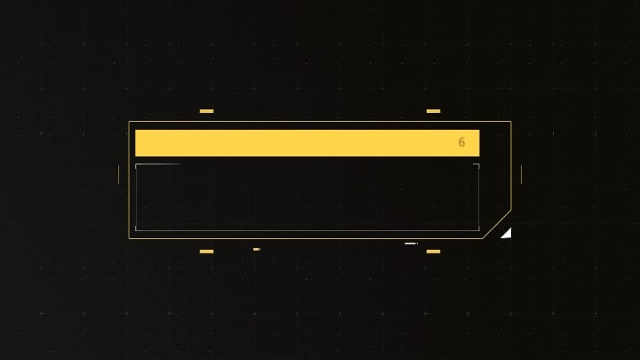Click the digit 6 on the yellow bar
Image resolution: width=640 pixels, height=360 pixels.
(461, 142)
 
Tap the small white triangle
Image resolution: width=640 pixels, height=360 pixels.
(508, 234)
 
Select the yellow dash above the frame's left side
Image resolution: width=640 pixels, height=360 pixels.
(206, 111)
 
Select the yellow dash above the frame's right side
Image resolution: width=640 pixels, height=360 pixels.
(434, 111)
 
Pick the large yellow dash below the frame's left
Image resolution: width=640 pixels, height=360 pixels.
(206, 252)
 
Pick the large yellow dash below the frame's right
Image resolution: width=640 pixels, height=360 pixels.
(434, 252)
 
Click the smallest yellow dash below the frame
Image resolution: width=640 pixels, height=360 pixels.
(256, 249)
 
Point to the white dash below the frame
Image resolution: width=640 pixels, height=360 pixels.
(411, 244)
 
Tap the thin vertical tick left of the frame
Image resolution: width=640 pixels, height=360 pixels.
(119, 175)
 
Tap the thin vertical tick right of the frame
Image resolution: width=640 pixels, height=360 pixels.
(521, 175)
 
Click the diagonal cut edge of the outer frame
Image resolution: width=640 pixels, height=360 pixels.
(497, 225)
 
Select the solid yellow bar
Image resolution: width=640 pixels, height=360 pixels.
(308, 143)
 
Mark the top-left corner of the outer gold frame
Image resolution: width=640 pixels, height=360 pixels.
(129, 121)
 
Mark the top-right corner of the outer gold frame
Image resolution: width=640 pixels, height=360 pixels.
(511, 121)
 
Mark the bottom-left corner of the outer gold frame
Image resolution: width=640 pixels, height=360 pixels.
(129, 238)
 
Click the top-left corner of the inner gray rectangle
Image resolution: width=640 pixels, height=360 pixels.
(135, 164)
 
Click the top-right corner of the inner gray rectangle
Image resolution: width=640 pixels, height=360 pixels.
(479, 164)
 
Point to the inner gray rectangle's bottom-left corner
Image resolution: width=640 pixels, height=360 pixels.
(135, 230)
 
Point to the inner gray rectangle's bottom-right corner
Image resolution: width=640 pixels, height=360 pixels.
(479, 230)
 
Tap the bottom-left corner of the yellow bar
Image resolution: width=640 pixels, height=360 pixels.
(135, 156)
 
